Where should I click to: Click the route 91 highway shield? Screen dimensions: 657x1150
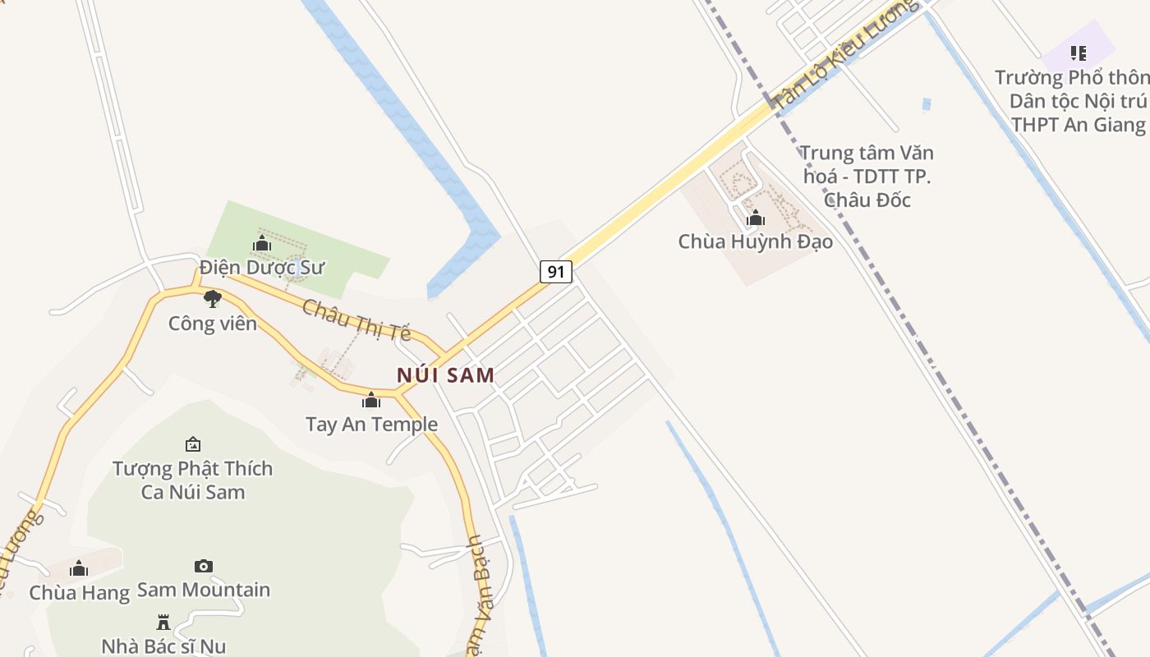tap(556, 272)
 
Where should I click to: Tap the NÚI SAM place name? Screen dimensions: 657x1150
tap(446, 375)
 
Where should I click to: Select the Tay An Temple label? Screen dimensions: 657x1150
tap(371, 425)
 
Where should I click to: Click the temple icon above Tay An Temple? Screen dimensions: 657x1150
tap(371, 401)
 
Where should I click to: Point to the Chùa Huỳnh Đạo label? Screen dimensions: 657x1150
tap(755, 241)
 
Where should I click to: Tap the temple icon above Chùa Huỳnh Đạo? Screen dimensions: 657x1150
tap(756, 218)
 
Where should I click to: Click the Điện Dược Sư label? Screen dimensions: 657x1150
tap(262, 268)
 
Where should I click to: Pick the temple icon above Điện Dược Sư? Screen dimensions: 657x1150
tap(262, 244)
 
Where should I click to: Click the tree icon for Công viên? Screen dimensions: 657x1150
tap(213, 299)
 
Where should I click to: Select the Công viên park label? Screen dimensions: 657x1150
tap(213, 324)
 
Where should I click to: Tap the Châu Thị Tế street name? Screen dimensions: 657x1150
tap(356, 319)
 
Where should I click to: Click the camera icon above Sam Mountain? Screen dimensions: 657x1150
tap(204, 566)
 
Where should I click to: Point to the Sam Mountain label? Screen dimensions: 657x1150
tap(204, 590)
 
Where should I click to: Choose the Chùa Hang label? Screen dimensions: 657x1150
tap(79, 593)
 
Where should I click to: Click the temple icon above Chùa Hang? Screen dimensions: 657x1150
tap(79, 569)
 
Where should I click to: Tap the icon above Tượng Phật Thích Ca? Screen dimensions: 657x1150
tap(193, 444)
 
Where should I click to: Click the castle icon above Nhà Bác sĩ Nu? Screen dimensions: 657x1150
tap(163, 622)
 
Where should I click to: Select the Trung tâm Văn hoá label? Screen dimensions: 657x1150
tap(867, 176)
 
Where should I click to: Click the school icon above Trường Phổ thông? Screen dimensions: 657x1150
tap(1079, 54)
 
